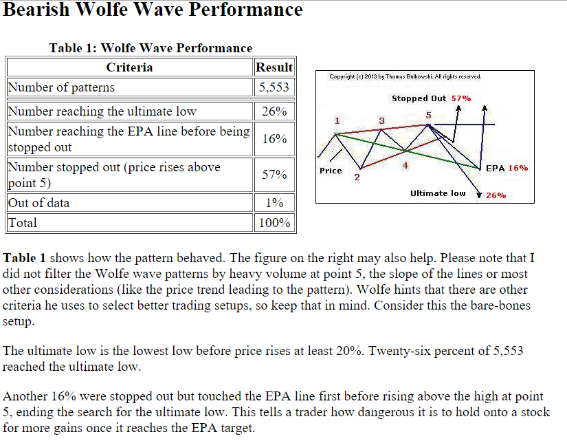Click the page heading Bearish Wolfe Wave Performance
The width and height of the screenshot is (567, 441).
(x=153, y=10)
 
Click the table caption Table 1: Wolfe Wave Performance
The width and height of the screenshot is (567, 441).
(x=151, y=47)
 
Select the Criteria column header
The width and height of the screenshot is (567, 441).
(x=129, y=67)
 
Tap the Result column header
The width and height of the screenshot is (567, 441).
(x=274, y=67)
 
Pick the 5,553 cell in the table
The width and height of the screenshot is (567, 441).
(x=274, y=87)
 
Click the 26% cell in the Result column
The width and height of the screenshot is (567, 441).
(x=274, y=111)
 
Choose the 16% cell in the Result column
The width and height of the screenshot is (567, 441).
(x=274, y=139)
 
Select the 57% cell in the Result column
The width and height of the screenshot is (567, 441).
(x=274, y=175)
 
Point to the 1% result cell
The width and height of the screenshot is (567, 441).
(x=274, y=203)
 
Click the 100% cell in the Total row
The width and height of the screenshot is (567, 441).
(x=274, y=223)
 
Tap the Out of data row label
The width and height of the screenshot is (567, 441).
(x=38, y=203)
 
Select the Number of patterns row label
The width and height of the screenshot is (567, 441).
(x=61, y=87)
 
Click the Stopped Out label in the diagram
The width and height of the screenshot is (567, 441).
(x=419, y=98)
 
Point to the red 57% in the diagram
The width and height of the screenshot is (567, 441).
(x=461, y=98)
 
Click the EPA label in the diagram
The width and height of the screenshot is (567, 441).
(x=496, y=168)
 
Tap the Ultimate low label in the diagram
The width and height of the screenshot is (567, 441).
(x=438, y=193)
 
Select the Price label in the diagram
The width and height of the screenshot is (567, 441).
(x=331, y=171)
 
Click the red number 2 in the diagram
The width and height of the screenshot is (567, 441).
(x=357, y=178)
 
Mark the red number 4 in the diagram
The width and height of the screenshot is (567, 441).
(x=405, y=166)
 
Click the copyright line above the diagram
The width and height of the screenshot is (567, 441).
(x=405, y=76)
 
